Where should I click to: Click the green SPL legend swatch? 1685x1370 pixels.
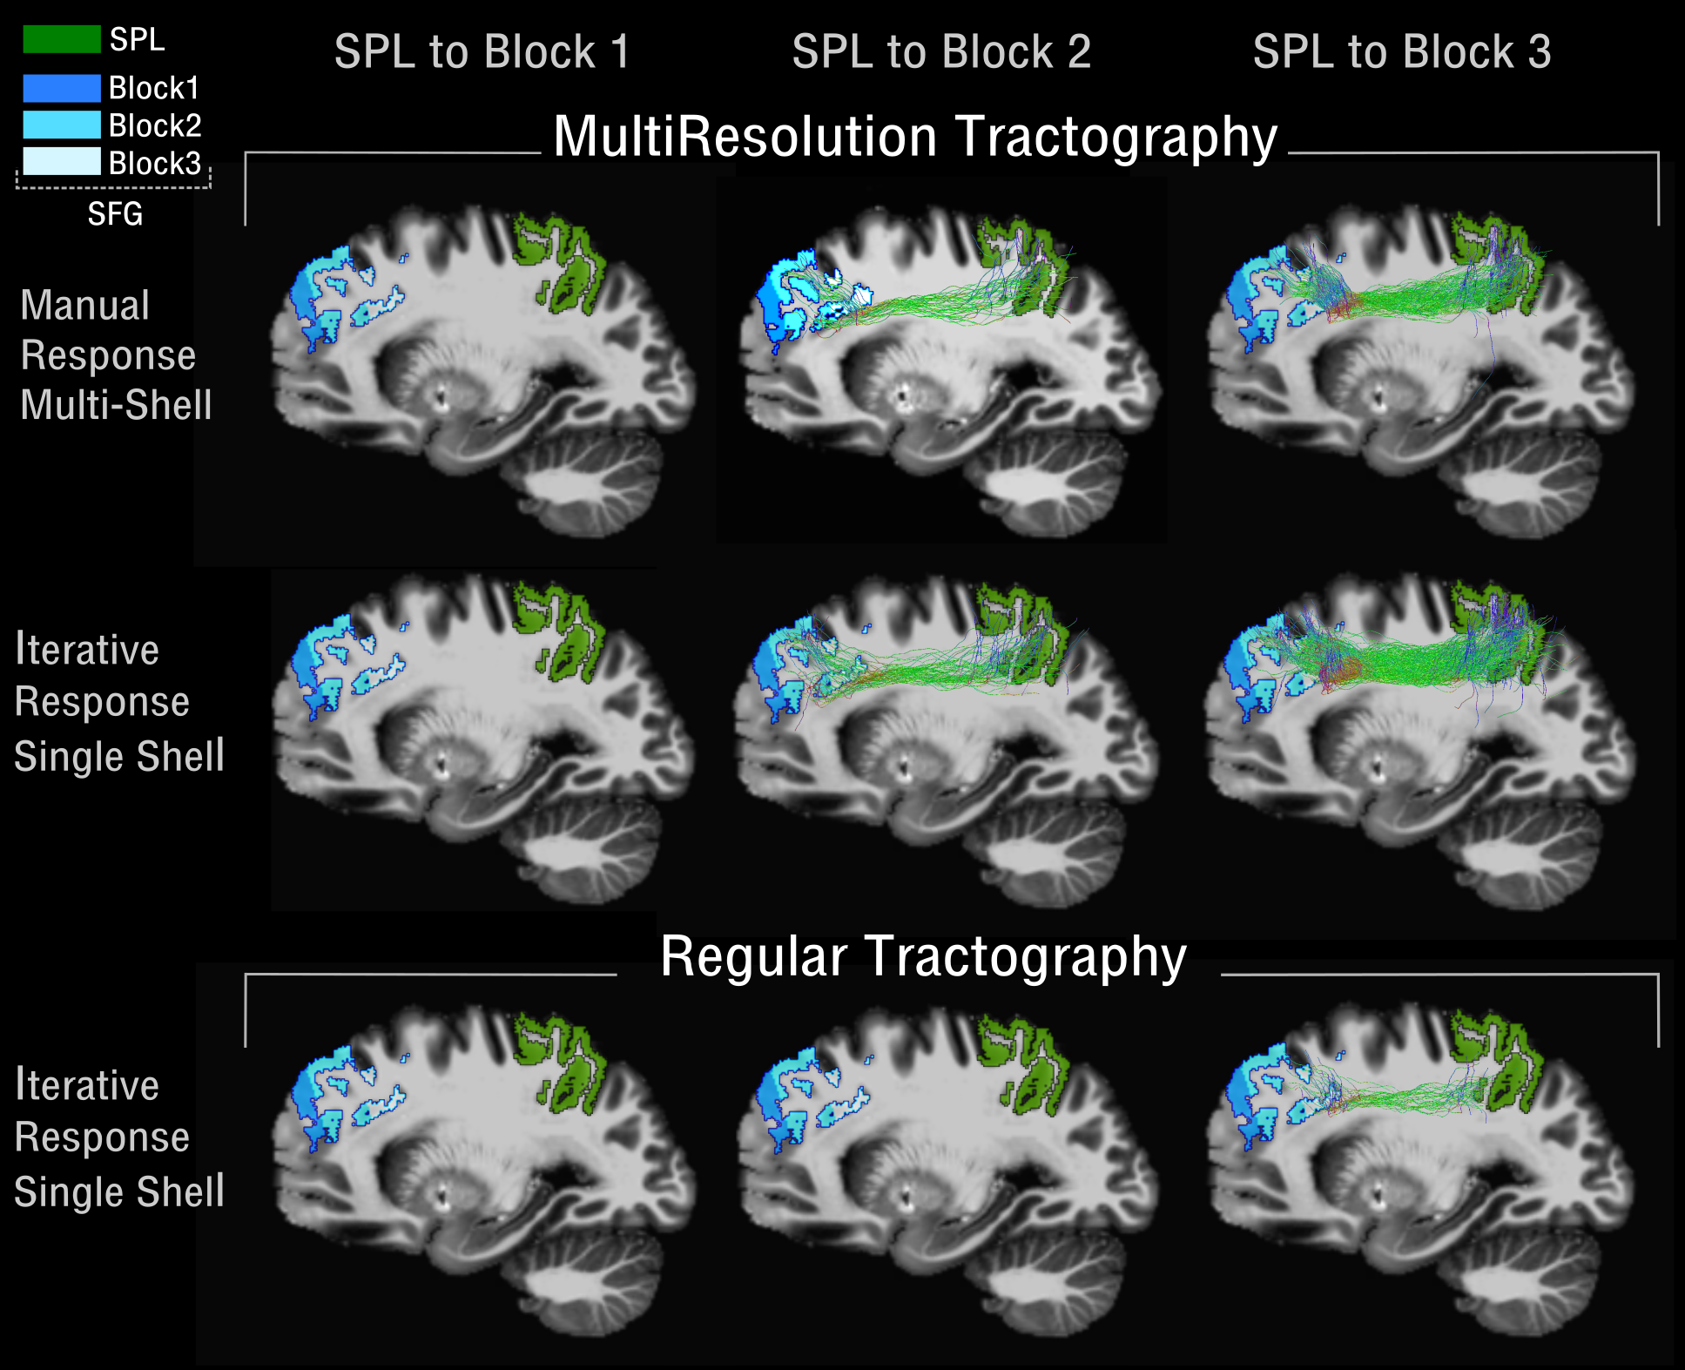coord(61,39)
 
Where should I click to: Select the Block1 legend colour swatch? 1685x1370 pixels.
coord(61,88)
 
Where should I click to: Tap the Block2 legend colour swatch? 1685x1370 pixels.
coord(61,125)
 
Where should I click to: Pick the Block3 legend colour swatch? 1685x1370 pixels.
coord(61,162)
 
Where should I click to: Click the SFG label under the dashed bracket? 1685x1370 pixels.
coord(114,214)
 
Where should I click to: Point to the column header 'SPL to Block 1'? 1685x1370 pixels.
coord(482,52)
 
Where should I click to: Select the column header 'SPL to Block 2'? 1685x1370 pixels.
coord(940,52)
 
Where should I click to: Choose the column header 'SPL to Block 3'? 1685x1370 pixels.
coord(1401,52)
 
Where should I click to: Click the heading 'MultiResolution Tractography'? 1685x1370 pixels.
coord(914,138)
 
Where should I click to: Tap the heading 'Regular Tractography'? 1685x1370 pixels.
coord(923,957)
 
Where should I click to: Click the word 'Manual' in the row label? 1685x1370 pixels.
coord(85,306)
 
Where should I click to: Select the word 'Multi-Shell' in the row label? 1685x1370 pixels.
coord(116,405)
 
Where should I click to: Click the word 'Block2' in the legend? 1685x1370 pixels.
coord(155,126)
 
